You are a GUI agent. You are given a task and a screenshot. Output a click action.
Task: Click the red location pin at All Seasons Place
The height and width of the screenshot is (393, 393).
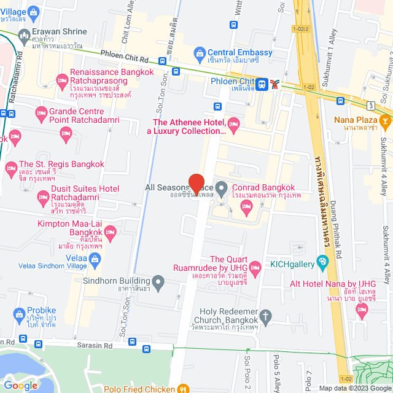pyautogui.click(x=196, y=184)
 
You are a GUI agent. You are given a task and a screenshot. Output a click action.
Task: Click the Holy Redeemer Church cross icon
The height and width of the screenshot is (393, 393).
pyautogui.click(x=265, y=316)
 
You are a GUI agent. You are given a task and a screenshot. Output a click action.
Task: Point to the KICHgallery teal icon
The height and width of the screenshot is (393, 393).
pyautogui.click(x=322, y=264)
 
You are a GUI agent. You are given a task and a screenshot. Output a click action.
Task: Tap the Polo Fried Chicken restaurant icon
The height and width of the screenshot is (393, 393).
pyautogui.click(x=182, y=388)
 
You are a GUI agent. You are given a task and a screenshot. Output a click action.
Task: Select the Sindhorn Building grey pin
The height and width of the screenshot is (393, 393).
pyautogui.click(x=158, y=282)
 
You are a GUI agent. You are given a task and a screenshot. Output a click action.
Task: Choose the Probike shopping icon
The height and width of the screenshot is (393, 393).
pyautogui.click(x=18, y=313)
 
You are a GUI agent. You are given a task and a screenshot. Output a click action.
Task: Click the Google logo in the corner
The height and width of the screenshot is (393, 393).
pyautogui.click(x=20, y=385)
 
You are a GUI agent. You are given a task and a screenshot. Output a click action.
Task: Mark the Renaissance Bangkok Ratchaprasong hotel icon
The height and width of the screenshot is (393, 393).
pyautogui.click(x=61, y=80)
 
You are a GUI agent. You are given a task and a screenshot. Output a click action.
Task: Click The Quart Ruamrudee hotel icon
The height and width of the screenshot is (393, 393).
pyautogui.click(x=255, y=270)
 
